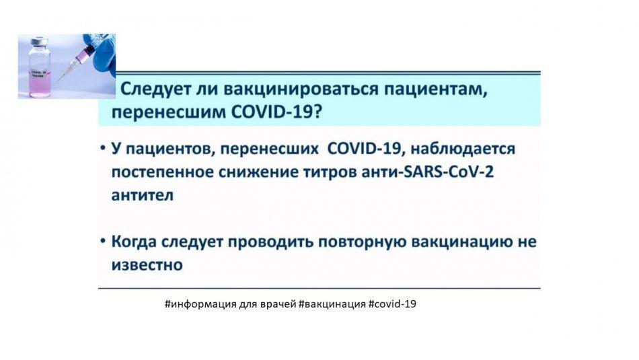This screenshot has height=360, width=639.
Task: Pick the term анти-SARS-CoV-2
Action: click(428, 172)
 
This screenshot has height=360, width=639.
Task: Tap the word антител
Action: click(142, 195)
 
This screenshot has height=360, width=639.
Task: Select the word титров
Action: click(330, 172)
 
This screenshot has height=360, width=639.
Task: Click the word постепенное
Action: click(162, 172)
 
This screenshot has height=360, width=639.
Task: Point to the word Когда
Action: click(134, 242)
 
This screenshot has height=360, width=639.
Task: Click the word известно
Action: click(147, 265)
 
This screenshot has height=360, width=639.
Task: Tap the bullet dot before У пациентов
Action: click(103, 147)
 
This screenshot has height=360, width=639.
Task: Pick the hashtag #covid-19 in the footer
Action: click(392, 303)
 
